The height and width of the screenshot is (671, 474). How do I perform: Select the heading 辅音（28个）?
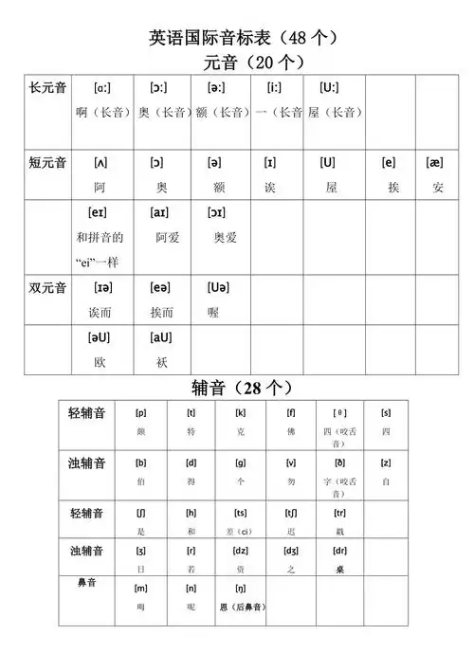point(242,388)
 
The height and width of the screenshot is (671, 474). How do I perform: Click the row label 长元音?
point(47,87)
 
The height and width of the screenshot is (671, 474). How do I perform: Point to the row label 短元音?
point(47,162)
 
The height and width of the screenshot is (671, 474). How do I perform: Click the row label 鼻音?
point(87,582)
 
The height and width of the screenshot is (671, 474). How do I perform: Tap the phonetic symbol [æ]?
point(435,162)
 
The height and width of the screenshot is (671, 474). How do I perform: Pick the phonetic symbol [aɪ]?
point(160,212)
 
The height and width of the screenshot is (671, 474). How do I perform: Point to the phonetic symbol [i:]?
point(274,87)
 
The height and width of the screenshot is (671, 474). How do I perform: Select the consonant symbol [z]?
point(386,462)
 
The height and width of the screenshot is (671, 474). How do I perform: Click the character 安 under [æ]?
point(436,188)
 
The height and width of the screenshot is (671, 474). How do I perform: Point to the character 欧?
point(100,362)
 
